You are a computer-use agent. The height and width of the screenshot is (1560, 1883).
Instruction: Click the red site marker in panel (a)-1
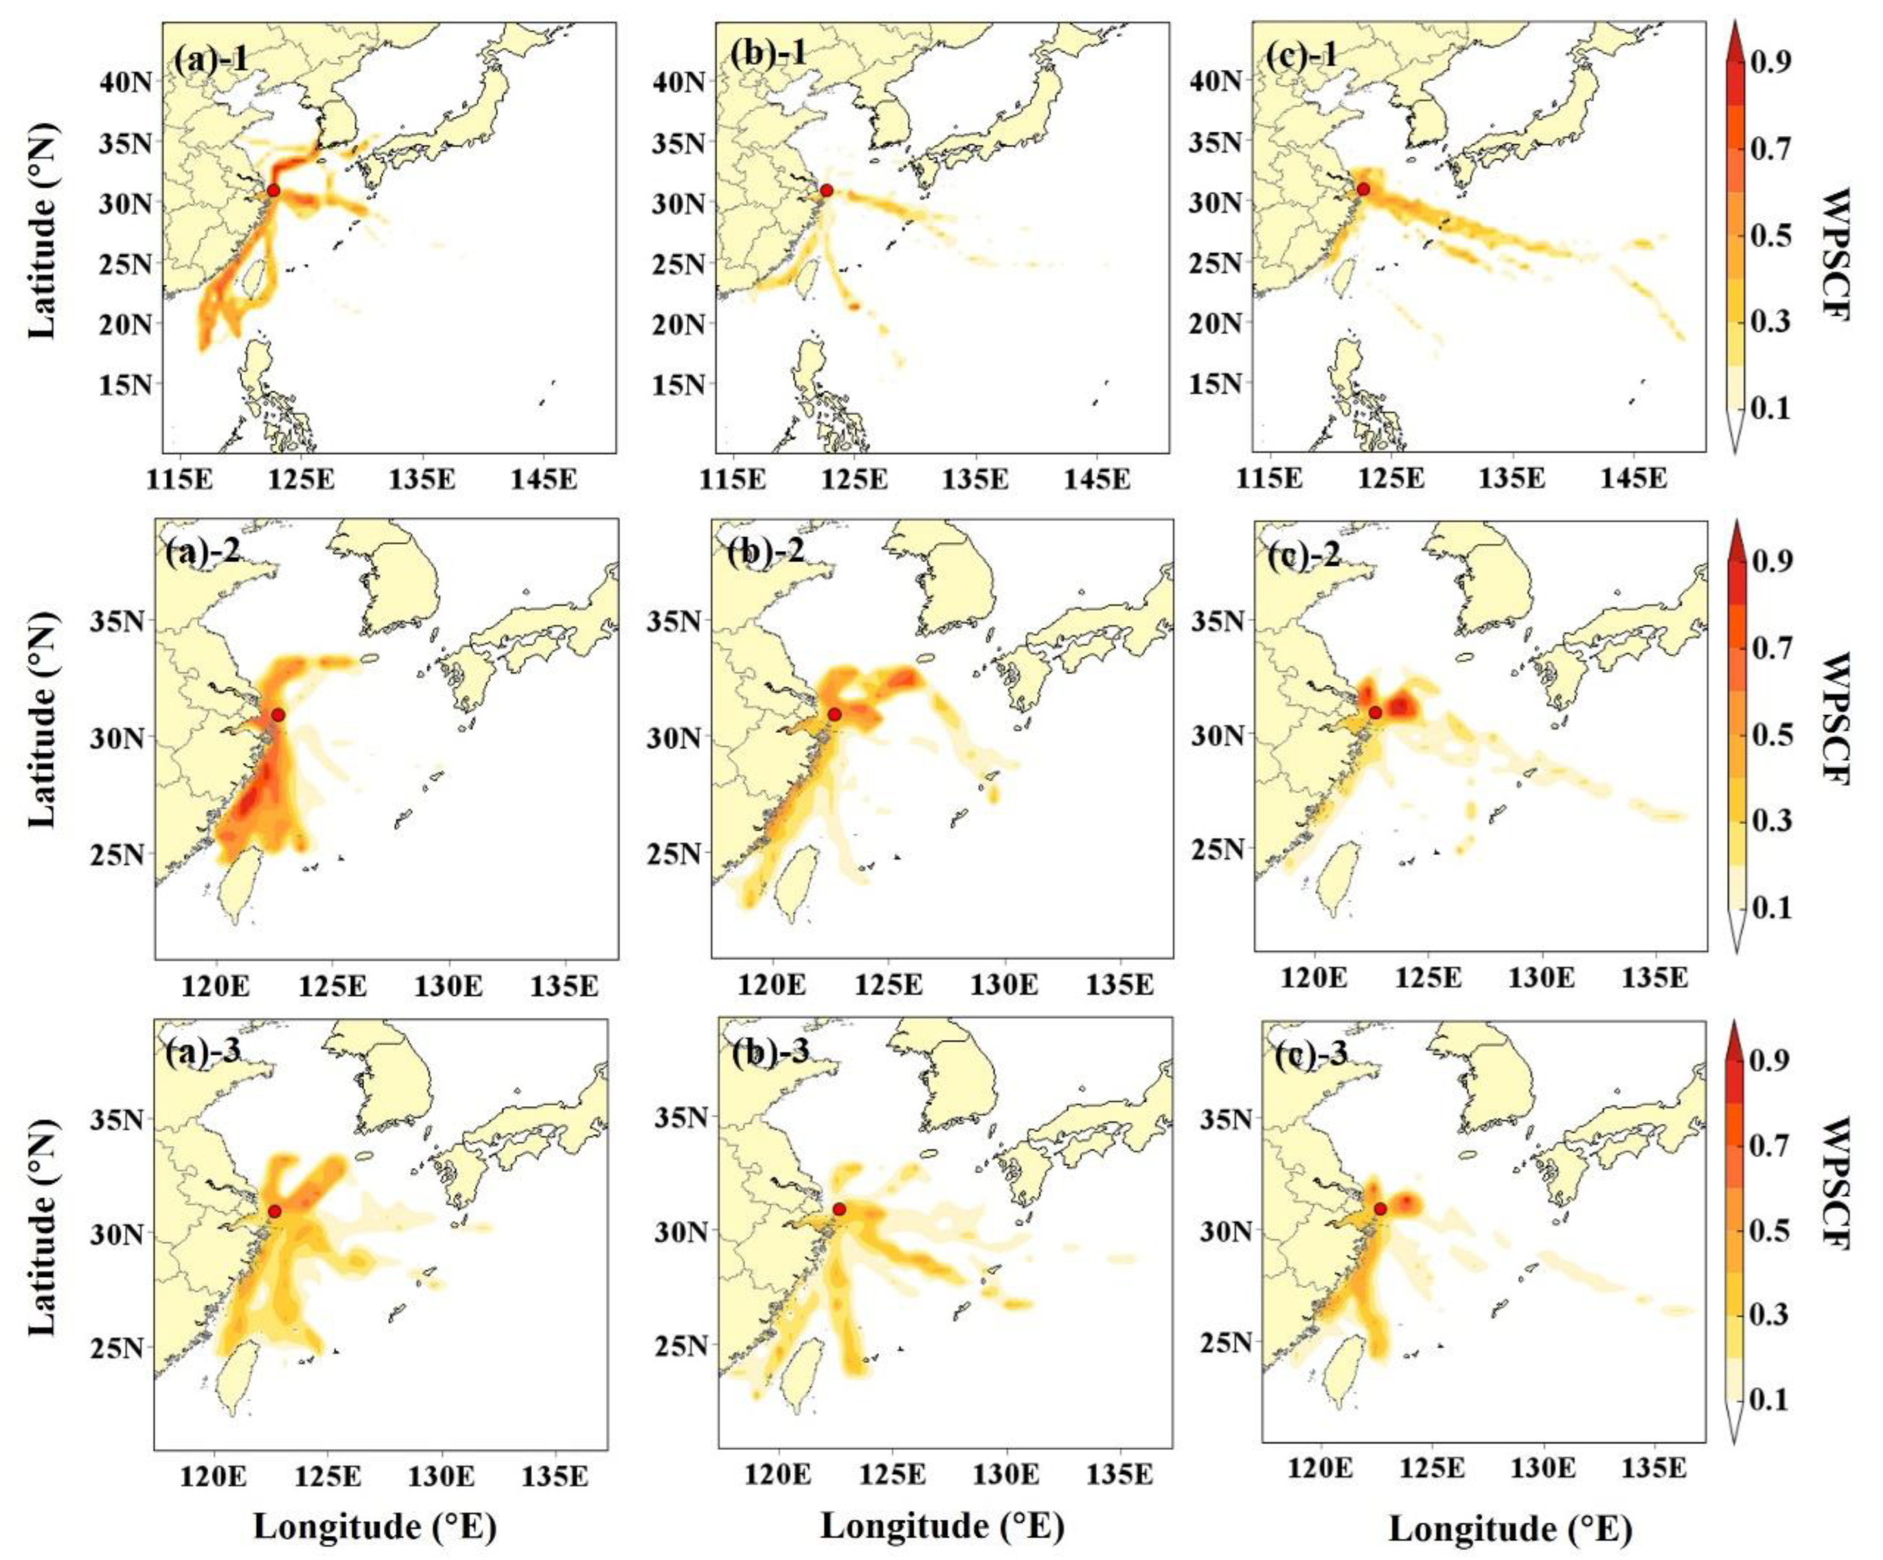click(274, 190)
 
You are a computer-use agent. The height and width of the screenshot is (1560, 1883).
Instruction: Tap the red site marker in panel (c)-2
click(1375, 713)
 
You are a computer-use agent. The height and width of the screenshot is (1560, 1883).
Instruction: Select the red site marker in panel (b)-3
click(838, 1209)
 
